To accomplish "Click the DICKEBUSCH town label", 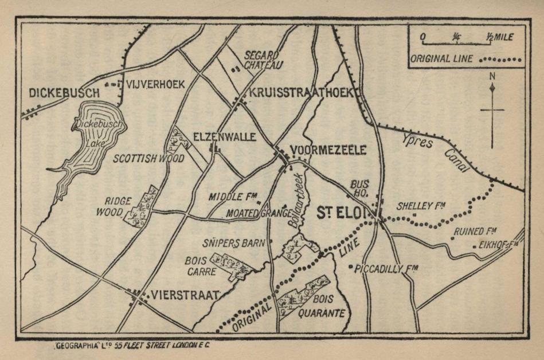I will coord(64,92).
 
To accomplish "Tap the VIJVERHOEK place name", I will coord(155,84).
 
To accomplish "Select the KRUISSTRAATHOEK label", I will coord(303,93).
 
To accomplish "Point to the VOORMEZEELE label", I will coord(328,150).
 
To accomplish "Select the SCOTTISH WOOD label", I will coord(148,158).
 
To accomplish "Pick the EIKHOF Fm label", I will coord(498,245).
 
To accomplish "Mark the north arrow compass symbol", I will coord(492,109).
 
